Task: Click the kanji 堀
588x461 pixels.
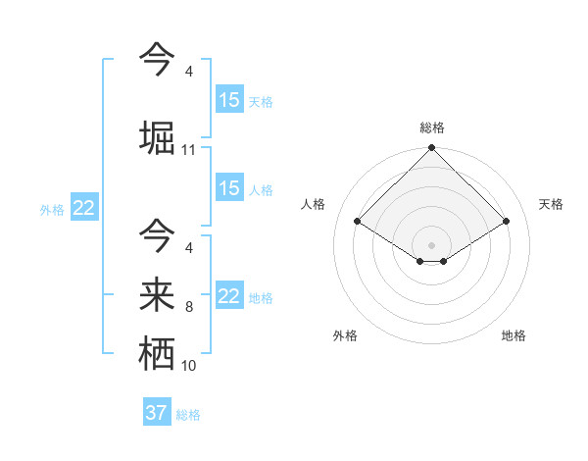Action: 157,137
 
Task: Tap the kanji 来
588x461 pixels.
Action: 157,293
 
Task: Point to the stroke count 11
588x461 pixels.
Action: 188,150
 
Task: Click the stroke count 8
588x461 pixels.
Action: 188,307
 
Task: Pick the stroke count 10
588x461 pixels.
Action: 188,366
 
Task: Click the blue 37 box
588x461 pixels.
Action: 157,413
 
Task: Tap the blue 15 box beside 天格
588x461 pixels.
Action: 229,100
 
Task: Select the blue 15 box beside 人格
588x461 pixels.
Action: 229,188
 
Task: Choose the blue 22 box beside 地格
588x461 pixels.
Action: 229,296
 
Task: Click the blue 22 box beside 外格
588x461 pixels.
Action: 84,208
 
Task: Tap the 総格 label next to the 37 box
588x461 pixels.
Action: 188,415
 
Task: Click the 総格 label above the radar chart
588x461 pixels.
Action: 431,128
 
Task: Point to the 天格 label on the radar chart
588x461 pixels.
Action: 551,204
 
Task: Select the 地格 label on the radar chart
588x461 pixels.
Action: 514,335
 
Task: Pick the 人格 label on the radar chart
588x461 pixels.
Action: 313,204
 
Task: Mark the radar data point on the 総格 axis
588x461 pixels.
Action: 431,148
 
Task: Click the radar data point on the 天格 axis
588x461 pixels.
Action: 507,222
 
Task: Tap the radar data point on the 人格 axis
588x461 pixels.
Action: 358,222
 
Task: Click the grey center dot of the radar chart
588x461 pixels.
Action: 431,244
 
